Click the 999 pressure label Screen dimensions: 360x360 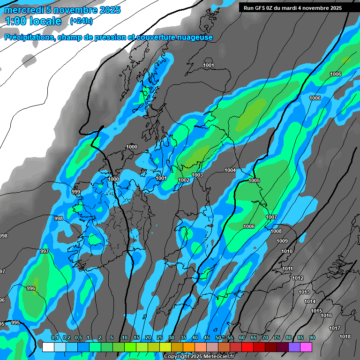click(76, 192)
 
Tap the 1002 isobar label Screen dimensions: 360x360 click(184, 180)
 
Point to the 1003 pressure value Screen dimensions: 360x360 click(197, 175)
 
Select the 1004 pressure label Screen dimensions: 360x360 click(230, 170)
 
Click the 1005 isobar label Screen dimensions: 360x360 click(254, 180)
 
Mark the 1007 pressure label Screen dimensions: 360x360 click(271, 217)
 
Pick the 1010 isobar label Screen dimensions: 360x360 click(287, 251)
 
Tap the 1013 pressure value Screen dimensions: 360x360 click(304, 292)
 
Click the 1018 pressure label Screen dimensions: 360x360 click(345, 337)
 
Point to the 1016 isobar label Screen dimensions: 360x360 click(326, 315)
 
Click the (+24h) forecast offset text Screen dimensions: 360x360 click(81, 21)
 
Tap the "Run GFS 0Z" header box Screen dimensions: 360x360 click(292, 8)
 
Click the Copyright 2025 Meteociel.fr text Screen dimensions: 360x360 click(199, 356)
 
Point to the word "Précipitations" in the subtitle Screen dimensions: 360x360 click(28, 37)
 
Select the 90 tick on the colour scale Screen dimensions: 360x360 click(312, 338)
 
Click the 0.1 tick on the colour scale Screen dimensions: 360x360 click(55, 338)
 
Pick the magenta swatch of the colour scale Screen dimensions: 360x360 click(306, 347)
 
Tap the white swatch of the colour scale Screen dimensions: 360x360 click(48, 347)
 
